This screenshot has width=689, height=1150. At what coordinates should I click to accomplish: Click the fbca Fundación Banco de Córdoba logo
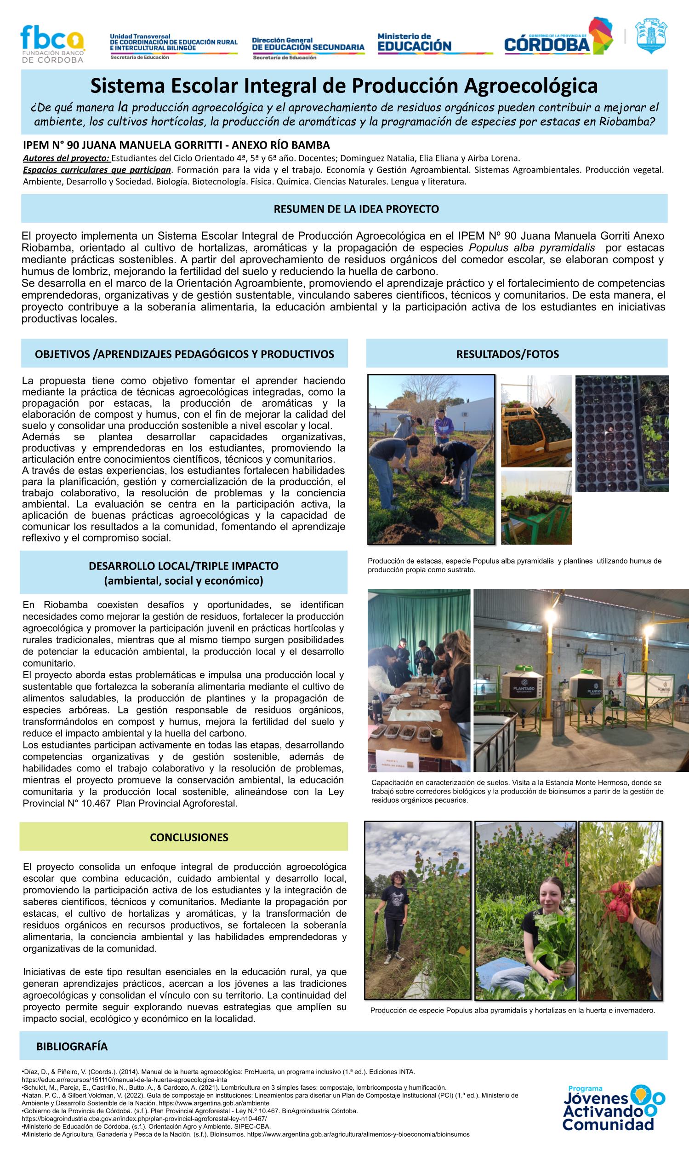point(52,44)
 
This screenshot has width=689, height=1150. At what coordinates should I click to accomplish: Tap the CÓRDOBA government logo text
point(547,45)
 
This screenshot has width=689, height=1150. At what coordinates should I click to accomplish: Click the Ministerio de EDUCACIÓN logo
point(414,43)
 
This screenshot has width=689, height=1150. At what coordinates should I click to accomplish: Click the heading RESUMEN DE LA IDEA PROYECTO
point(356,209)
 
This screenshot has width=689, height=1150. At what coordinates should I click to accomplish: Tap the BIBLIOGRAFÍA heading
point(72,1046)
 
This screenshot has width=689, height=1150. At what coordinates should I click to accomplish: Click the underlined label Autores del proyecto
point(66,157)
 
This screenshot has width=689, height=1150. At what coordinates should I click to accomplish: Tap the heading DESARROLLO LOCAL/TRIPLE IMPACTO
point(183,566)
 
